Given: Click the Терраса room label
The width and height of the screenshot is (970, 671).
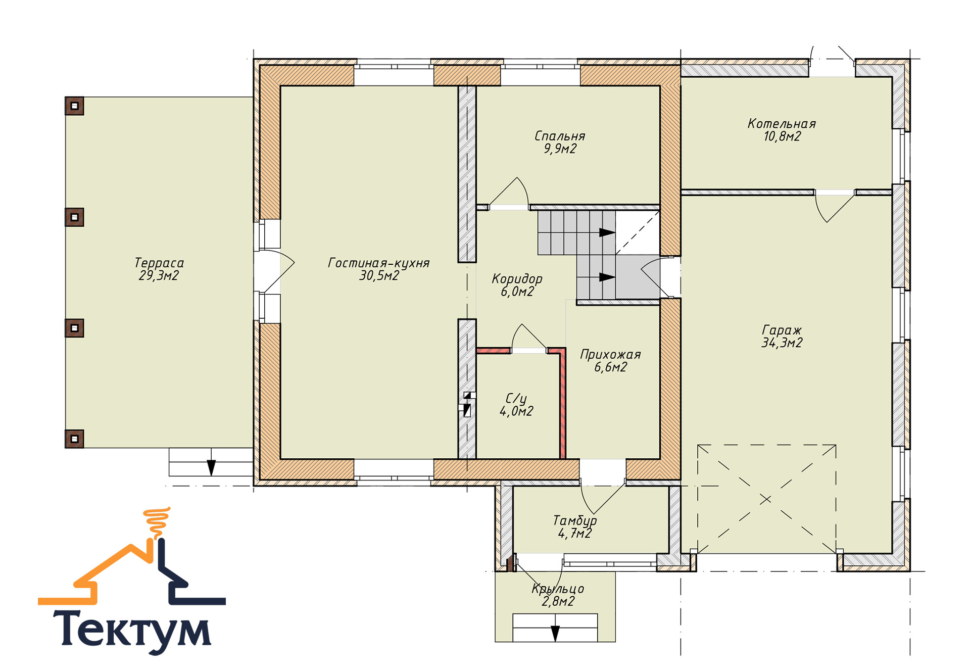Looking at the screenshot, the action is [x=159, y=263].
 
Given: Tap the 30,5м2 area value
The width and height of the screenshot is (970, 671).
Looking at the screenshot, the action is [x=379, y=275].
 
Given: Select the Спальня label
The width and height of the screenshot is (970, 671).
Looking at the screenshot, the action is [x=560, y=136].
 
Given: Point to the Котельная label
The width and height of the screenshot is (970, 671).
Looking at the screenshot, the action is [x=782, y=124].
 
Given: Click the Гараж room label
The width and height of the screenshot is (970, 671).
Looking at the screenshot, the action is [x=782, y=330].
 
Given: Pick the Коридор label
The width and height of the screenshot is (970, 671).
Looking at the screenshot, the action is [x=517, y=279].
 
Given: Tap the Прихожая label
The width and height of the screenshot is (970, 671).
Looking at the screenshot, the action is [x=610, y=355].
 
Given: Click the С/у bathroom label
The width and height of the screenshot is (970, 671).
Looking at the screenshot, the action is [x=516, y=399].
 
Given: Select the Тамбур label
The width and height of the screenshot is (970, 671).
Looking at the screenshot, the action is [x=575, y=520].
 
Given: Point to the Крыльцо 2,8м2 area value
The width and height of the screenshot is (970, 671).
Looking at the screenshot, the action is [x=558, y=601].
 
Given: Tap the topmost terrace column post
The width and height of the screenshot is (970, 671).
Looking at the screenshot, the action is [x=74, y=106].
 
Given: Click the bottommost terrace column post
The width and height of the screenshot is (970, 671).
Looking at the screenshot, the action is [x=74, y=439].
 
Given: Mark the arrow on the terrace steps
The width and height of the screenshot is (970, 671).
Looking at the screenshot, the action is [x=211, y=467].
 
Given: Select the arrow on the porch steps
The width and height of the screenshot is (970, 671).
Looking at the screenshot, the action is [x=555, y=634].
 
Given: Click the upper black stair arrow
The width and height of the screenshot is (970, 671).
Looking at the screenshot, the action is [x=607, y=232].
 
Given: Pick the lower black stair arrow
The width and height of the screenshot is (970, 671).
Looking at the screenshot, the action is [x=607, y=277].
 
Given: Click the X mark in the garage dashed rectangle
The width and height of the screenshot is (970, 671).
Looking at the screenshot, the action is [x=765, y=499].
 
